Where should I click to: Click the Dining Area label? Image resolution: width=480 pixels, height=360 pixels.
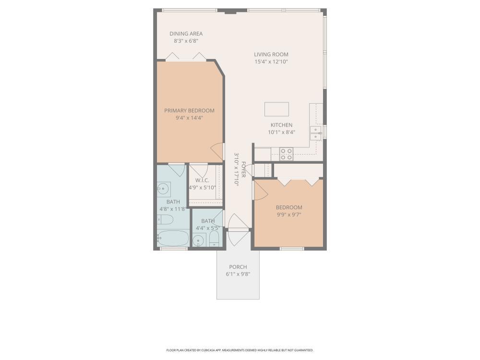(186, 34)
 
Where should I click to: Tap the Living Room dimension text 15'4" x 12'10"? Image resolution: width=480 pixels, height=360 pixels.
(271, 61)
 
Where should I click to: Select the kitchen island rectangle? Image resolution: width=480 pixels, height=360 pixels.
(277, 109)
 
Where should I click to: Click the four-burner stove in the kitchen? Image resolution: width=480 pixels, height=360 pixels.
(287, 154)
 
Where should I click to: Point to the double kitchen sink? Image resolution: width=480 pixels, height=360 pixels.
(316, 133)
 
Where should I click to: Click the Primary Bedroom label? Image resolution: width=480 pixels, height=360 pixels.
(189, 110)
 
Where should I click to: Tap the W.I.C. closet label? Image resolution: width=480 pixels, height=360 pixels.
(202, 180)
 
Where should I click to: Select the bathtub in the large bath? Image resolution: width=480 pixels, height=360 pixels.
(173, 238)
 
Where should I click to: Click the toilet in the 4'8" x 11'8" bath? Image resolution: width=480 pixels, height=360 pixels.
(165, 219)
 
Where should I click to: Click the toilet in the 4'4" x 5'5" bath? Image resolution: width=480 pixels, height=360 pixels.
(214, 239)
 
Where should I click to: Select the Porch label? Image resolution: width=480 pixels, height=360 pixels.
(238, 267)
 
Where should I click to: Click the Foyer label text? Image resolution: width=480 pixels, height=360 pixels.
(244, 169)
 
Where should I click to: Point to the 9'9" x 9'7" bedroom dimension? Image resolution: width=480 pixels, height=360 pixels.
(289, 215)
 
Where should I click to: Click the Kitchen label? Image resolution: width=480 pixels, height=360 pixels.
(281, 125)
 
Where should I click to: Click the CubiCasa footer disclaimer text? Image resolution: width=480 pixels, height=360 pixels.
(240, 350)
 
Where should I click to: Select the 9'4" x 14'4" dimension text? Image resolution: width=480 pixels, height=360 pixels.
(190, 118)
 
